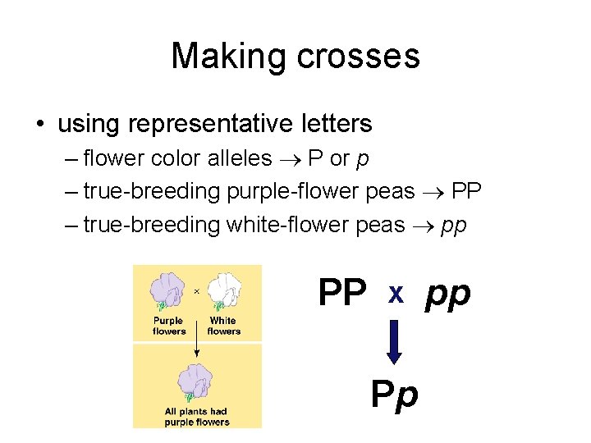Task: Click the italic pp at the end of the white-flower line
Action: [453, 226]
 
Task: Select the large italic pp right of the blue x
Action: [448, 295]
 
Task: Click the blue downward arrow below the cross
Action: [395, 341]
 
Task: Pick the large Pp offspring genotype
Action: [395, 395]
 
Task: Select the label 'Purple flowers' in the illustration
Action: [168, 326]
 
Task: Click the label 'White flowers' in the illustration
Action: [223, 326]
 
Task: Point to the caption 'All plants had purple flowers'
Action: [196, 417]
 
